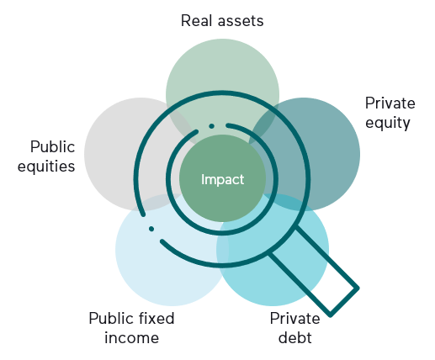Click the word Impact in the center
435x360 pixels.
pyautogui.click(x=222, y=179)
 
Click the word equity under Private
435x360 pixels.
pyautogui.click(x=388, y=124)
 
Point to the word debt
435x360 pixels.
pyautogui.click(x=295, y=337)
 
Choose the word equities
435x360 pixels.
pyautogui.click(x=46, y=166)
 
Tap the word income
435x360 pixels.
pyautogui.click(x=132, y=337)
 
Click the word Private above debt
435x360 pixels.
pyautogui.click(x=294, y=319)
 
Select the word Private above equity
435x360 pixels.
pyautogui.click(x=390, y=103)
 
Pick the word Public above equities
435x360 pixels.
pyautogui.click(x=53, y=146)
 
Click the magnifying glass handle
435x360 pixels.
pyautogui.click(x=313, y=272)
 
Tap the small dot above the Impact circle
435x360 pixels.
pyautogui.click(x=212, y=126)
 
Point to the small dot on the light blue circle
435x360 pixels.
pyautogui.click(x=151, y=229)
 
